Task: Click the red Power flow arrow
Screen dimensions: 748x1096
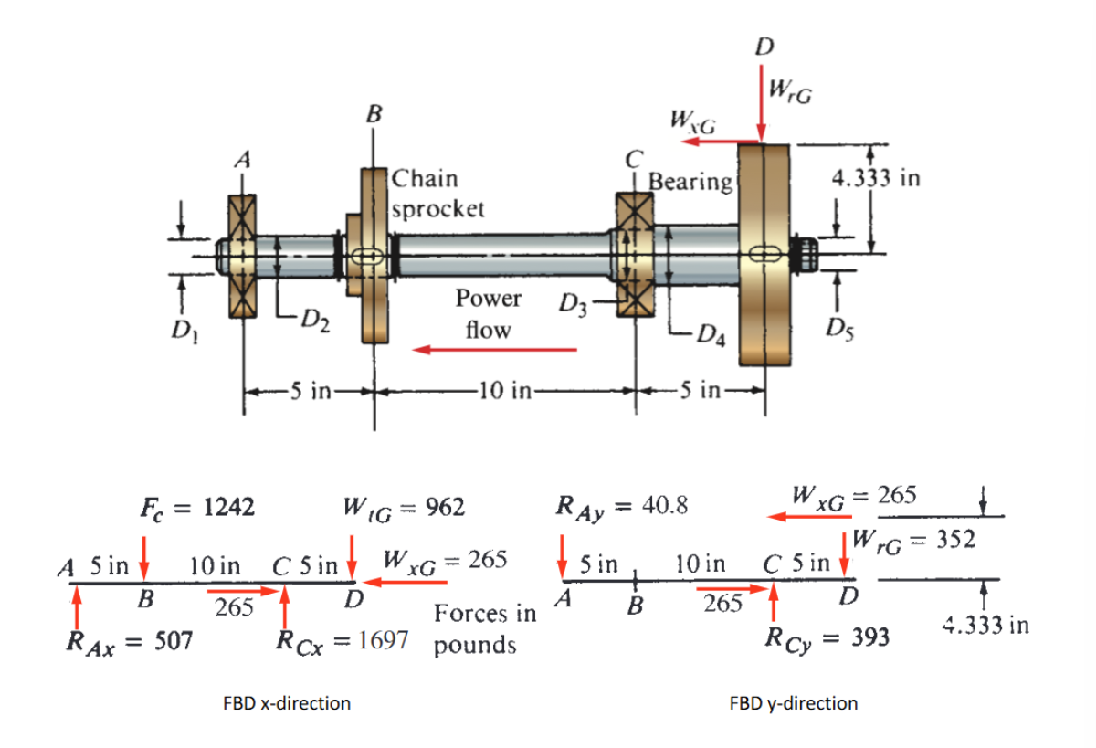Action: coord(494,349)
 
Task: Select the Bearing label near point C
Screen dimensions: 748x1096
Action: coord(690,182)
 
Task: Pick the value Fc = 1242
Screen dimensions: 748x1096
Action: coord(197,506)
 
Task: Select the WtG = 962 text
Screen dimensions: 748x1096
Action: coord(403,506)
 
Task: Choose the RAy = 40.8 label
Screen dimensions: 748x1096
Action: coord(623,505)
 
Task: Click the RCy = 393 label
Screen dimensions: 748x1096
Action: coord(827,637)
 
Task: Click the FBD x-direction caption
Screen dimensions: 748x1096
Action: coord(287,703)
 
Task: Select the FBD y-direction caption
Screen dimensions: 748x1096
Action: coord(794,703)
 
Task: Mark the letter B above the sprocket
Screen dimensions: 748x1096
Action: coord(374,114)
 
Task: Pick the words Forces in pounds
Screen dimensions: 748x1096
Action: coord(484,629)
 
